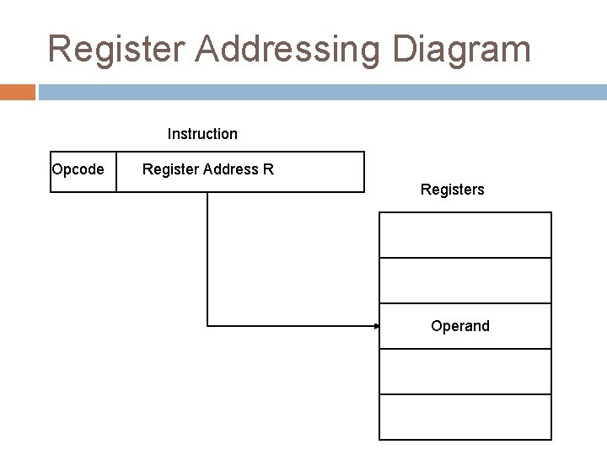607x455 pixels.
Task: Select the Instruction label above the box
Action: pos(202,134)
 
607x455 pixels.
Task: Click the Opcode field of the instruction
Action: pos(78,170)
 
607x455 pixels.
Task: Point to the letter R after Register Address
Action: pos(268,170)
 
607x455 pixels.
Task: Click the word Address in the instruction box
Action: pos(227,170)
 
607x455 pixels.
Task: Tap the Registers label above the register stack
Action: pos(452,190)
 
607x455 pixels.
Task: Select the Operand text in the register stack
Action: pos(459,326)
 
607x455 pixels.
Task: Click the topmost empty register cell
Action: pos(465,235)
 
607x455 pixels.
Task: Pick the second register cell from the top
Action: pos(465,280)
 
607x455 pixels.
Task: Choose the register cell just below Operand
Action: pos(465,371)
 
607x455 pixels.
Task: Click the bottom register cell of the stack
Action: pos(465,416)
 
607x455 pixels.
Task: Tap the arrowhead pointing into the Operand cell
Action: pos(376,325)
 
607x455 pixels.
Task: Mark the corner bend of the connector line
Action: pos(207,325)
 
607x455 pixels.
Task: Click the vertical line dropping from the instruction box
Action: pos(207,253)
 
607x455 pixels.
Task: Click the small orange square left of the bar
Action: pos(18,92)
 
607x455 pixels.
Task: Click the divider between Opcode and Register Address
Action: pos(116,172)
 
